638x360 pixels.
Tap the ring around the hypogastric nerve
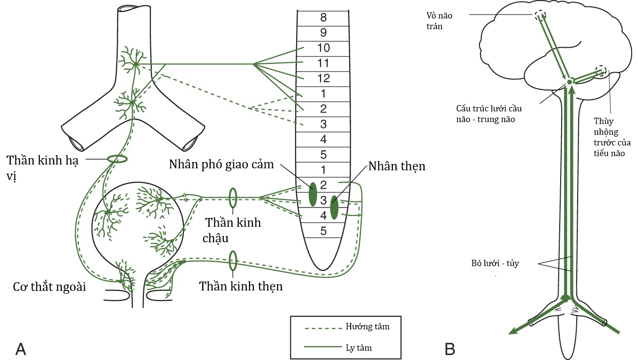click(117, 159)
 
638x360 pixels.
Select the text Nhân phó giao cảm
click(221, 164)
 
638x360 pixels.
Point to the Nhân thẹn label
click(397, 166)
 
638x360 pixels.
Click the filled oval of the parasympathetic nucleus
click(313, 194)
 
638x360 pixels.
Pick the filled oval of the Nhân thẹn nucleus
click(334, 208)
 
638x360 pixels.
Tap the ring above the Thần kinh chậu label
click(233, 198)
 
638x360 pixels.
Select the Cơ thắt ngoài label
click(50, 287)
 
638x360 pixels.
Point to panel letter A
click(20, 349)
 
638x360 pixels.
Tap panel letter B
click(450, 349)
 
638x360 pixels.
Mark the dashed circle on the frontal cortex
click(539, 15)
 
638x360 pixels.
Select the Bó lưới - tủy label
click(502, 263)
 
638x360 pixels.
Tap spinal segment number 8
click(323, 18)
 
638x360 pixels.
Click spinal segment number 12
click(323, 78)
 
